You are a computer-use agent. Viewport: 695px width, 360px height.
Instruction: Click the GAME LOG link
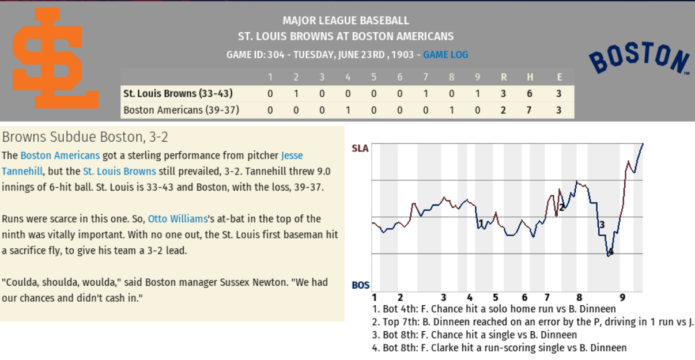point(445,55)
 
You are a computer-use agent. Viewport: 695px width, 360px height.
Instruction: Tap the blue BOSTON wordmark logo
point(639,59)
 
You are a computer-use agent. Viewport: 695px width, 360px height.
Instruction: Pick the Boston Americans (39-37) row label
point(181,109)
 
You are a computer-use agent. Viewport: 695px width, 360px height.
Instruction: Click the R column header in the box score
point(503,77)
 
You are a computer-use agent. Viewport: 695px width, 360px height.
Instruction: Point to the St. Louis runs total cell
point(503,93)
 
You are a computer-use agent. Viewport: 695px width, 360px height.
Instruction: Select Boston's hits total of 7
point(529,109)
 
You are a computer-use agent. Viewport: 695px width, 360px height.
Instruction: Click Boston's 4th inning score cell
point(348,109)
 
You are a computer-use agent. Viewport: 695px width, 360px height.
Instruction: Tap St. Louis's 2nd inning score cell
point(296,93)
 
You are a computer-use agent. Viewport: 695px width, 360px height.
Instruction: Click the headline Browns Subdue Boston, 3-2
point(85,137)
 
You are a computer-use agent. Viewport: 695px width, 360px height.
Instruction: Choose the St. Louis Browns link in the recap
point(119,171)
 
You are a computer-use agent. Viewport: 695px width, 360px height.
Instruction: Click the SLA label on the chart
point(360,149)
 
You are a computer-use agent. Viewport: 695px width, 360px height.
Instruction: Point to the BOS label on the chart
point(361,285)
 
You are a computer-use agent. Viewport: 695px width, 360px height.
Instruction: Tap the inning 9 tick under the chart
point(622,297)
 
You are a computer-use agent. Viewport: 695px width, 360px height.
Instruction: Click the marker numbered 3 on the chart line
point(601,225)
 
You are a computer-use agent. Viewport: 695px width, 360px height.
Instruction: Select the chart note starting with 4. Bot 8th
point(499,347)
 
